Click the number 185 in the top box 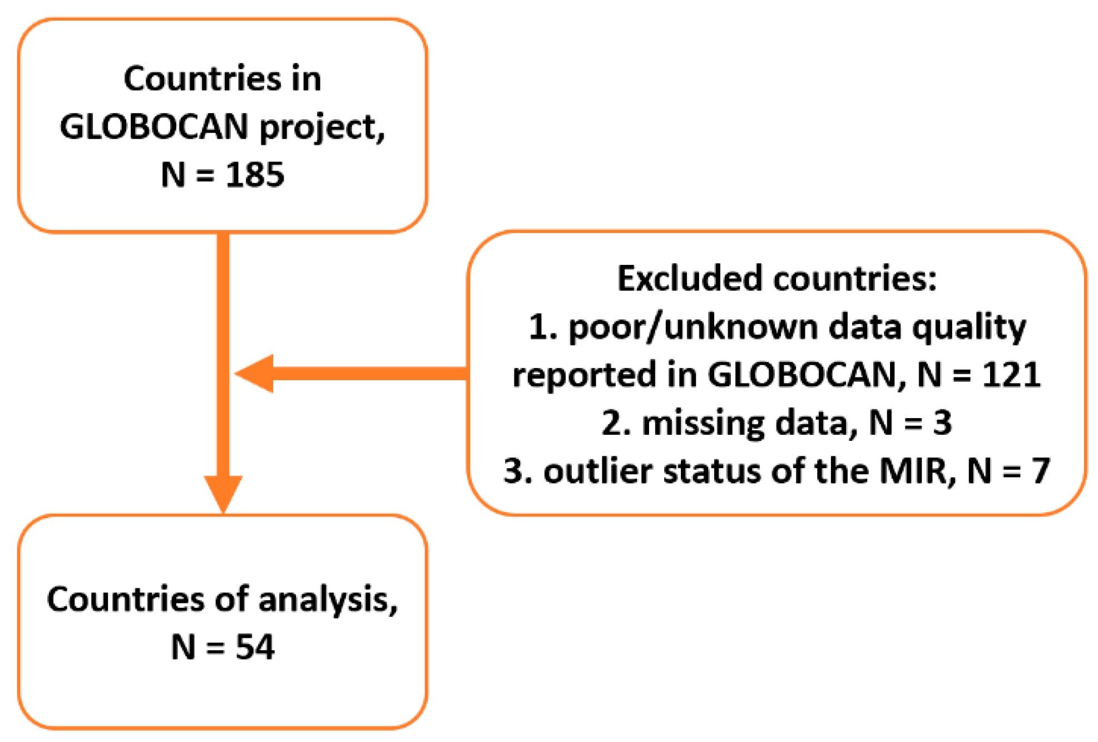(x=255, y=174)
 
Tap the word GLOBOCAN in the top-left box (x=154, y=127)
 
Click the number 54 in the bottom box (x=255, y=647)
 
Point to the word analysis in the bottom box (x=328, y=600)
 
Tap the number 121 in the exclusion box (x=1011, y=374)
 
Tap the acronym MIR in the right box (x=912, y=471)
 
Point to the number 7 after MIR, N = (x=1040, y=471)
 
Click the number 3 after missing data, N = (x=942, y=423)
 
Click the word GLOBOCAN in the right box (x=802, y=374)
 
